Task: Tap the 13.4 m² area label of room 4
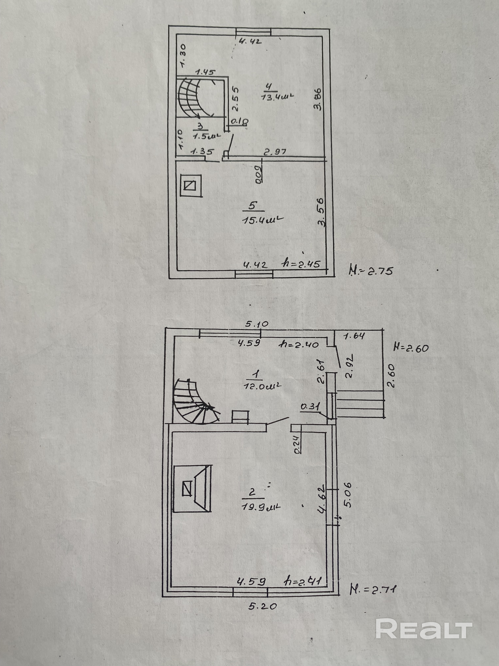pyautogui.click(x=277, y=96)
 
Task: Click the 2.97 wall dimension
pyautogui.click(x=275, y=152)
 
